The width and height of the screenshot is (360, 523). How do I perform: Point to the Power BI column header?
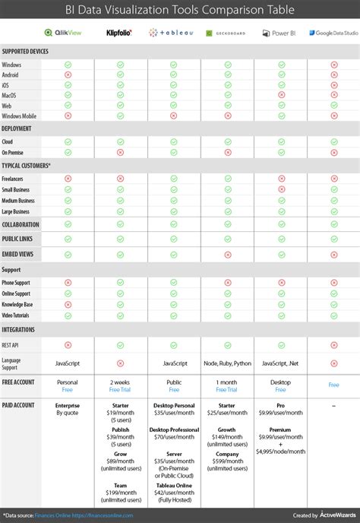[280, 33]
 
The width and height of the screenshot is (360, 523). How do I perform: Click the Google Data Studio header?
[333, 33]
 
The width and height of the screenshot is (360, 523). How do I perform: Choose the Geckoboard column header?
[227, 33]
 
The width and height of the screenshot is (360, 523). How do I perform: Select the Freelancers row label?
[15, 178]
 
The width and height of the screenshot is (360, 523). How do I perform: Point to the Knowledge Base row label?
[19, 304]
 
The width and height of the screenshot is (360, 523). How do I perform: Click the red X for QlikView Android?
[68, 74]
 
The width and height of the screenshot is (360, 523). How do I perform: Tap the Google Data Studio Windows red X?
[333, 64]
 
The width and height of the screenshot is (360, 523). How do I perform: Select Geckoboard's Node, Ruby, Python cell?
[227, 363]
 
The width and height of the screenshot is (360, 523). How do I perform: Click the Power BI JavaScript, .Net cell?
[280, 363]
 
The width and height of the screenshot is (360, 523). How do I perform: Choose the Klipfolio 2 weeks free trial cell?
[121, 385]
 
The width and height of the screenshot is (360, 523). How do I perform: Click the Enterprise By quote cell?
[68, 410]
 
